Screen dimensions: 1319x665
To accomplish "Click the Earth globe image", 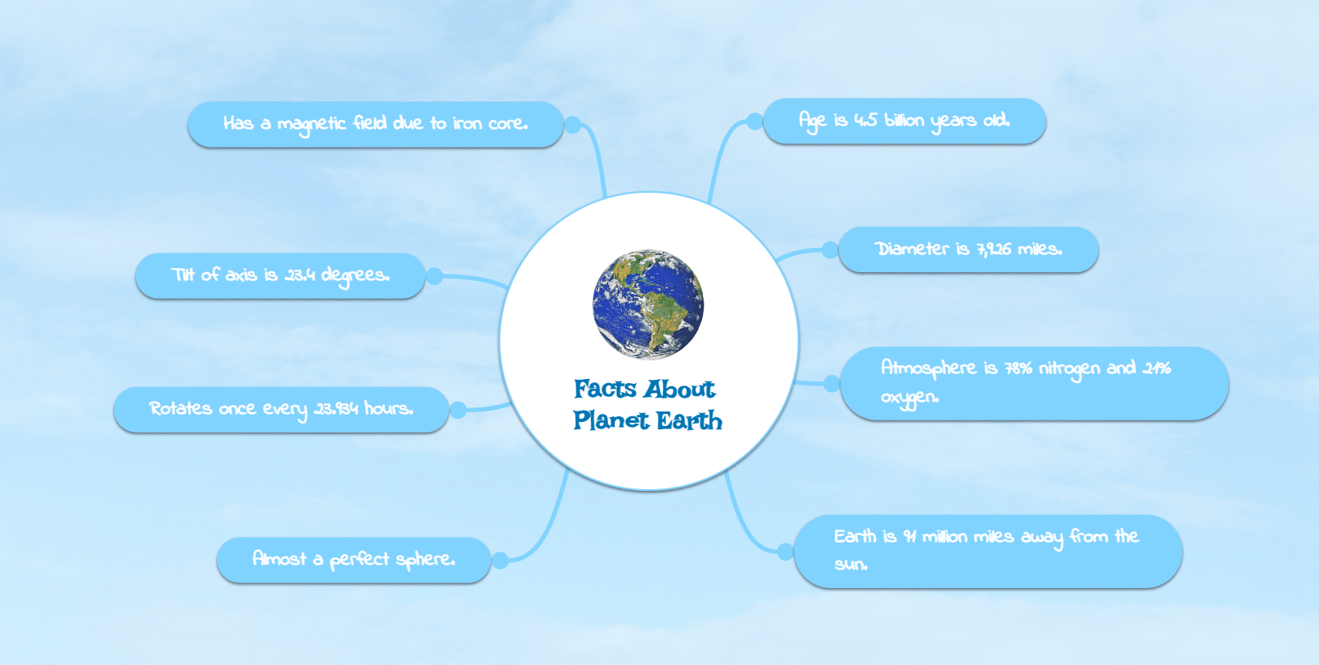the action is [x=648, y=304].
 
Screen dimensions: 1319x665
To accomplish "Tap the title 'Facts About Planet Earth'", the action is [x=647, y=405].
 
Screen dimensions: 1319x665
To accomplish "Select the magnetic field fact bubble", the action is [x=376, y=124].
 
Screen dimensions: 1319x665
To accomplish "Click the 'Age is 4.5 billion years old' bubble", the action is [x=904, y=121].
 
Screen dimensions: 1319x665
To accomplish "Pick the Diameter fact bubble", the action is [x=968, y=249].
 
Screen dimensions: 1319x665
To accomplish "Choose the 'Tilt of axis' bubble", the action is [x=280, y=275].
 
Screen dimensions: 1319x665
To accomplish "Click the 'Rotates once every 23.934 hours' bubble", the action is [x=282, y=409].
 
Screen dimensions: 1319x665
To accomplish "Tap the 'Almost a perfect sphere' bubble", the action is [x=354, y=560].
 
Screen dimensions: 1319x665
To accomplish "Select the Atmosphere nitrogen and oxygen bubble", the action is [x=1034, y=383].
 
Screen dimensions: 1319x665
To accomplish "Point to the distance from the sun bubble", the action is [x=988, y=552].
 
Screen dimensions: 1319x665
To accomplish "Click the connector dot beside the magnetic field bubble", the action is [x=573, y=125].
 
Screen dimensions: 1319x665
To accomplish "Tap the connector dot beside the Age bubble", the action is [x=755, y=121].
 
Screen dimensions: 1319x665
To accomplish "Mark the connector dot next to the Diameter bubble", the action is [x=830, y=249].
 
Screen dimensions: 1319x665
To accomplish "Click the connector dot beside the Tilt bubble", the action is [x=435, y=275].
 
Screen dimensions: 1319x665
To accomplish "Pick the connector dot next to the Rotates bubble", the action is [x=458, y=410].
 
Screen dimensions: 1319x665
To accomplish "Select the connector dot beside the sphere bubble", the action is [x=500, y=561].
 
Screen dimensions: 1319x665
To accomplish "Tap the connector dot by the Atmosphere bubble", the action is [x=832, y=384].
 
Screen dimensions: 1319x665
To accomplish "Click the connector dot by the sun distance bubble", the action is [x=785, y=552].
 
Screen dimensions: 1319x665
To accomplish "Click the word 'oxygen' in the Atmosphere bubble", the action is [x=909, y=399].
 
